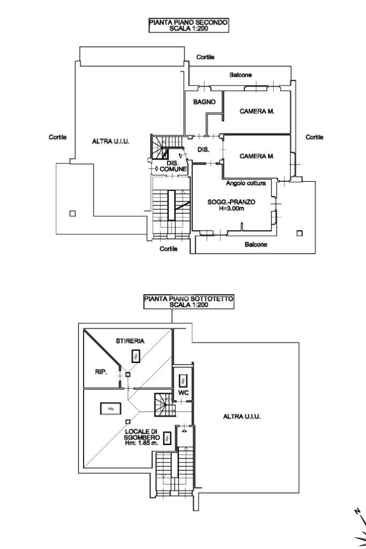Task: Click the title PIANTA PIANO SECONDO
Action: tap(189, 22)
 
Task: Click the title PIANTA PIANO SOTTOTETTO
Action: tap(189, 300)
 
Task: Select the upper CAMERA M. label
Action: tap(257, 112)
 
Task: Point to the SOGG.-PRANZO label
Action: tap(231, 202)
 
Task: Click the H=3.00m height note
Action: tap(231, 209)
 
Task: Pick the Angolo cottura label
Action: tap(245, 183)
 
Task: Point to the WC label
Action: tap(183, 397)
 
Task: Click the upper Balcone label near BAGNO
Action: tap(241, 75)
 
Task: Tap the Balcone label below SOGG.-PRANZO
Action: tap(256, 244)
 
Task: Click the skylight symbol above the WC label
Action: tap(182, 380)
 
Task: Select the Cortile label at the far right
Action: tap(315, 137)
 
